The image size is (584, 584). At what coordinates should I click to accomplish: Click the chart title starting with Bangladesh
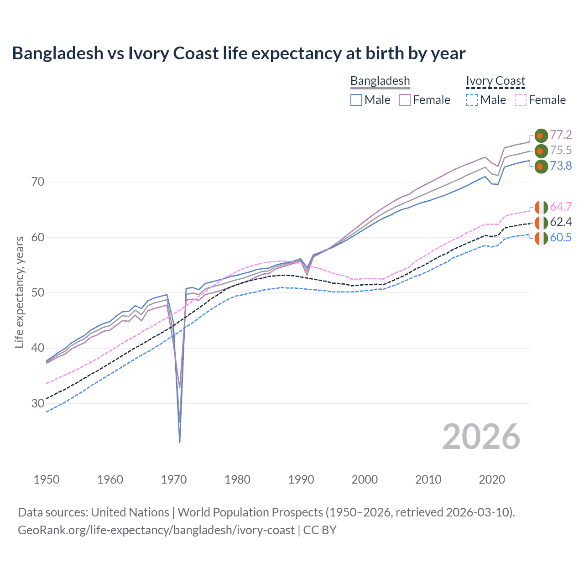tap(239, 53)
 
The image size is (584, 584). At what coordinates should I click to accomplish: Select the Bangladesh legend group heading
tap(380, 81)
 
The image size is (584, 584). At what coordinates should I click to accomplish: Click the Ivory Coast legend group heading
tap(495, 81)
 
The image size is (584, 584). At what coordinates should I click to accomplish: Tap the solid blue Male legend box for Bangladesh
tap(356, 100)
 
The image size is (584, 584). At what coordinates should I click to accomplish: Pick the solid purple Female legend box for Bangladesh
tap(405, 100)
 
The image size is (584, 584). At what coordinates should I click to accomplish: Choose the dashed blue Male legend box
tap(472, 100)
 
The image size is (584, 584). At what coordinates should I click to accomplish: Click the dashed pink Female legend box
tap(521, 100)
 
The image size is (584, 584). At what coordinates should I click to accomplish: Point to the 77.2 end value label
tap(561, 135)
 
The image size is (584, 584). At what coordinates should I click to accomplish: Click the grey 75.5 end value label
tap(561, 150)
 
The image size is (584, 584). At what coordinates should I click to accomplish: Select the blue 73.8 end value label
tap(561, 166)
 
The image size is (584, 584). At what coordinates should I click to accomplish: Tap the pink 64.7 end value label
tap(561, 207)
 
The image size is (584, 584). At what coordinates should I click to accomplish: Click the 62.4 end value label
tap(561, 222)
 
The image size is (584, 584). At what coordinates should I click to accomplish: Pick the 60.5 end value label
tap(561, 238)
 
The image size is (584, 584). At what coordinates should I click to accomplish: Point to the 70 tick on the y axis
tap(38, 182)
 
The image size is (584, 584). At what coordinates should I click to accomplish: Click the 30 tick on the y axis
tap(38, 403)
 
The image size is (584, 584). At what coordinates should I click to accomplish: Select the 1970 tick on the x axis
tap(174, 480)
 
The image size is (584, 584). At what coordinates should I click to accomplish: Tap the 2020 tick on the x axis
tap(492, 480)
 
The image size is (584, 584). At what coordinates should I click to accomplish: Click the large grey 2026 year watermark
tap(481, 437)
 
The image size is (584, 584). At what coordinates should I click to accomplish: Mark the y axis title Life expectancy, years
tap(19, 292)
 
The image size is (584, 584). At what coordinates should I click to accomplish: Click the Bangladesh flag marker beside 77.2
tap(541, 136)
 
